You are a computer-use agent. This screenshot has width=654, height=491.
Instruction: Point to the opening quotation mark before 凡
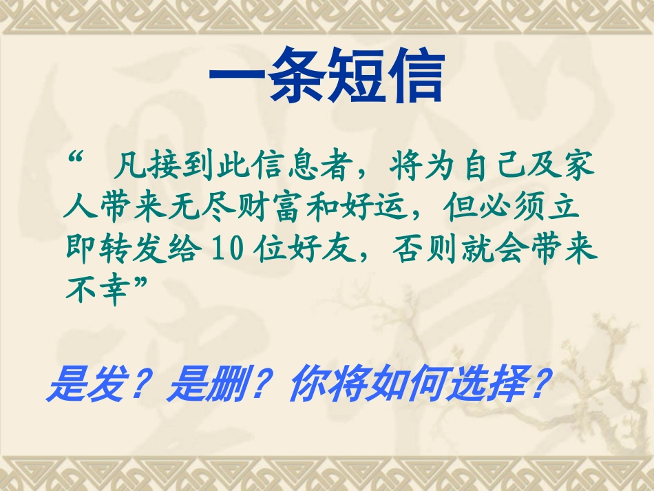pyautogui.click(x=76, y=160)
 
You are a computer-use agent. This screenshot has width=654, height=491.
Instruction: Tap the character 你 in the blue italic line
pyautogui.click(x=305, y=388)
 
